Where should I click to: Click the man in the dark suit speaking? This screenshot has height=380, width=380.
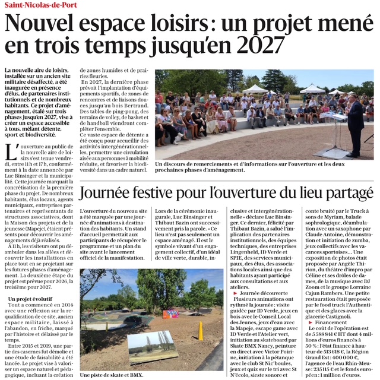[354, 122]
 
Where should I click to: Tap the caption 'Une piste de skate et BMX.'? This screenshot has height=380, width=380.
[112, 375]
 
